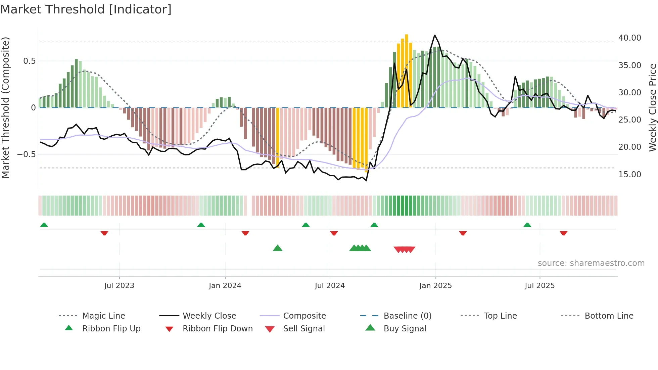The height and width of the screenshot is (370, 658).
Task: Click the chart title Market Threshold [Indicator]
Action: click(86, 9)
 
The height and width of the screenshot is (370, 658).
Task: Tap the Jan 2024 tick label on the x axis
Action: click(225, 286)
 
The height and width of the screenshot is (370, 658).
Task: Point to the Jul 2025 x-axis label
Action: click(539, 286)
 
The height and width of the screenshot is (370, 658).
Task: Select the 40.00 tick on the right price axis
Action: click(629, 38)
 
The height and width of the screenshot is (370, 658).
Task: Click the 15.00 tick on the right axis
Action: click(629, 175)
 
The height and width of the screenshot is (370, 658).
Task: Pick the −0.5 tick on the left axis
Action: click(26, 154)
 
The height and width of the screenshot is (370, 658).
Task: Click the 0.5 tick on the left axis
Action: click(29, 61)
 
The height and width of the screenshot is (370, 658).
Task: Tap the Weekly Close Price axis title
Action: click(652, 107)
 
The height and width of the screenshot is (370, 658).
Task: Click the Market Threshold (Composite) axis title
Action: click(5, 107)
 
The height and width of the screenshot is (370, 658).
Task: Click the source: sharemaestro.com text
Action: click(591, 263)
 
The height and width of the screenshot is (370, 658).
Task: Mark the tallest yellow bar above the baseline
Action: click(406, 71)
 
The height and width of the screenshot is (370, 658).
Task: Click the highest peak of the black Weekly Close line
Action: click(435, 35)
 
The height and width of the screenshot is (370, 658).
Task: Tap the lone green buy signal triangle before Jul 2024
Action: click(278, 248)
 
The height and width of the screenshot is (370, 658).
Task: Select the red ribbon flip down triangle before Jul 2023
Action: click(104, 233)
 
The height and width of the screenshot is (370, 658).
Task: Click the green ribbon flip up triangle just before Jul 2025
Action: click(527, 225)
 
